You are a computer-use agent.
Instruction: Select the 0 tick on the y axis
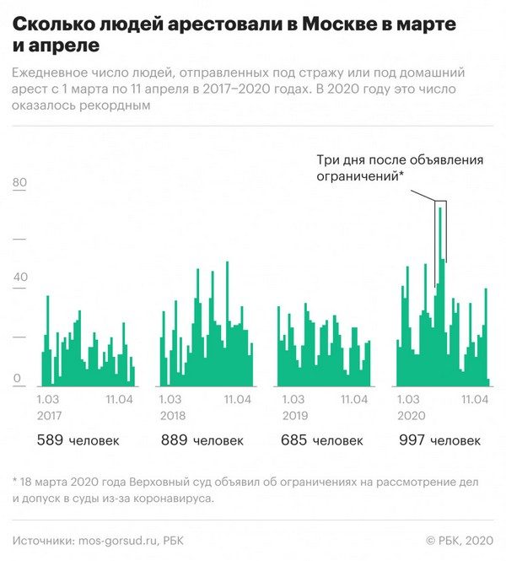[x=17, y=380]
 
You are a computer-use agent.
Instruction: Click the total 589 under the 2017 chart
[x=50, y=440]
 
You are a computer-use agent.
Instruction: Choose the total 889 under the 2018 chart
[x=174, y=440]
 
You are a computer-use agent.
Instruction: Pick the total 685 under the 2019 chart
[x=297, y=440]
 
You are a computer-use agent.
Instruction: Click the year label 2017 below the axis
[x=51, y=416]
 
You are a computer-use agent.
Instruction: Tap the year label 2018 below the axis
[x=173, y=416]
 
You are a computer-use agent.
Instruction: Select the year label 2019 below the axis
[x=295, y=416]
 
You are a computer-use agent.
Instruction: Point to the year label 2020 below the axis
[x=411, y=416]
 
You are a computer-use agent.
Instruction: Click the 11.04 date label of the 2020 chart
[x=474, y=400]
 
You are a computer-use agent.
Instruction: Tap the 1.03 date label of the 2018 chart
[x=170, y=400]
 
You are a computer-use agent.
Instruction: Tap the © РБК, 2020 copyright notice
[x=458, y=540]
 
